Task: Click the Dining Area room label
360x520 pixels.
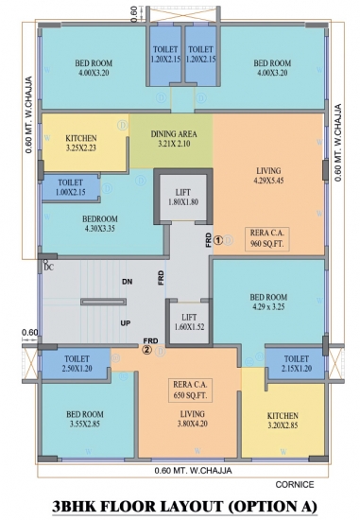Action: (174, 139)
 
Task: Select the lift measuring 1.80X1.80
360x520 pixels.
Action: (183, 197)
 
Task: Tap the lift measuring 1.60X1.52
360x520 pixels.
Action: (189, 322)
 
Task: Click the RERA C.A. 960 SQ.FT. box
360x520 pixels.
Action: (266, 239)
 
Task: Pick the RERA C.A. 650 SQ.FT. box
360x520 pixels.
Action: (190, 390)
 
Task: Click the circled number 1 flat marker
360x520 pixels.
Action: (217, 240)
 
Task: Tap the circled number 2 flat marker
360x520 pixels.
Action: (147, 350)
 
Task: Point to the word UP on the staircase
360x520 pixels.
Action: (126, 323)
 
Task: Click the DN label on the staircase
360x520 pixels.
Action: (127, 282)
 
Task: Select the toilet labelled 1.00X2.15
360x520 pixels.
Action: (71, 187)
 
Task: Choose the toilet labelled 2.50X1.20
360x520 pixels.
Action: (77, 363)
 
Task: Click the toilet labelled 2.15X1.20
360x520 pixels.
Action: (297, 363)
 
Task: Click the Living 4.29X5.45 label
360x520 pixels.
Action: (268, 176)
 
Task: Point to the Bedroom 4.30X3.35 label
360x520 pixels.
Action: (100, 224)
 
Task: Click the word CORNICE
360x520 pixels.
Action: (295, 484)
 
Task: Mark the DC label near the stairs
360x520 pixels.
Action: (48, 268)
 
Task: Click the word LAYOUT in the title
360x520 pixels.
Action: (190, 506)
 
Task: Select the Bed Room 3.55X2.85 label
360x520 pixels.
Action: (85, 419)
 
